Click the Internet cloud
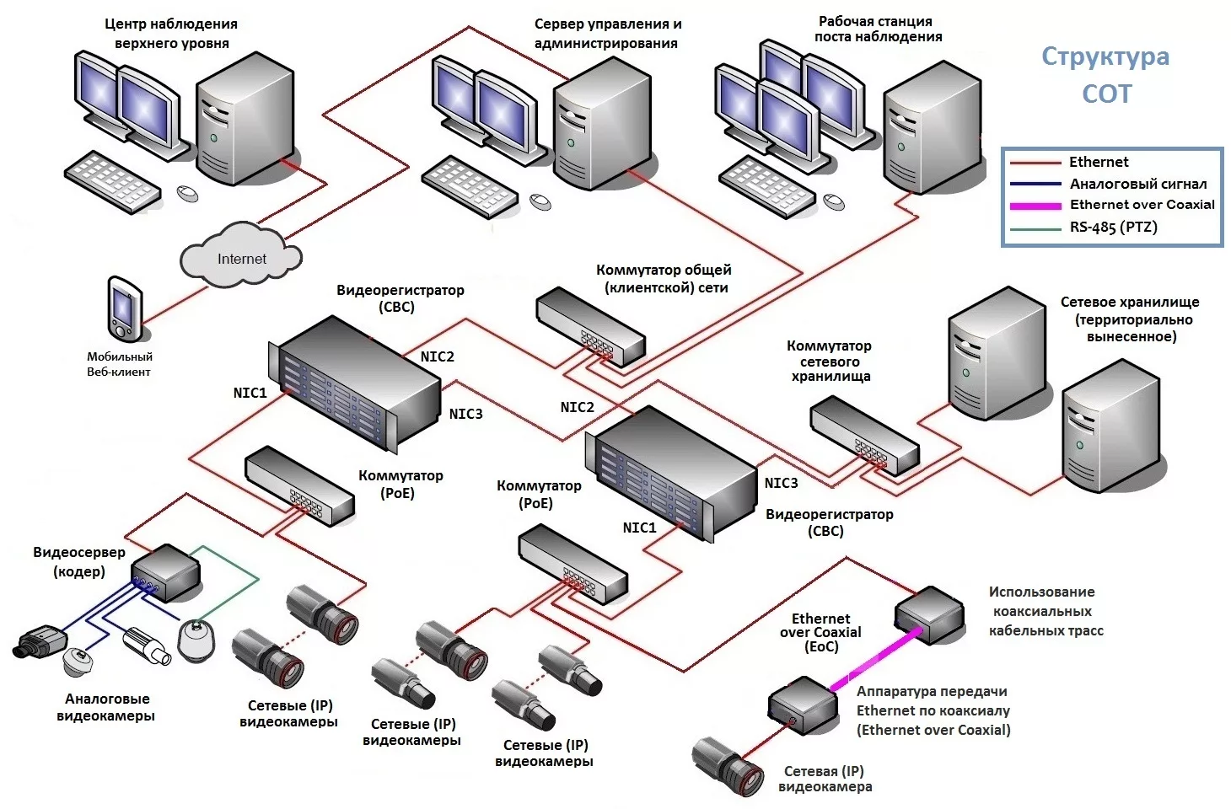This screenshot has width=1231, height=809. click(241, 256)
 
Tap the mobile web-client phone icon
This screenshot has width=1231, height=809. click(124, 308)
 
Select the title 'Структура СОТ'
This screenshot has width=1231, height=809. click(1105, 75)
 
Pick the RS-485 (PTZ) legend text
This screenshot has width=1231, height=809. click(1113, 228)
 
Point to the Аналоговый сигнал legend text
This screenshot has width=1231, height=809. click(1137, 184)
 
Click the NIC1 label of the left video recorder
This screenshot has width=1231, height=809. click(250, 393)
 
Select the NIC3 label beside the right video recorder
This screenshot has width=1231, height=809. click(781, 483)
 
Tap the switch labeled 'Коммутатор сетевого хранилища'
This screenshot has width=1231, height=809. click(863, 437)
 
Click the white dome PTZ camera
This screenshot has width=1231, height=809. click(197, 640)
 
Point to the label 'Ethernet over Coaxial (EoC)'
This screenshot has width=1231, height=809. click(820, 633)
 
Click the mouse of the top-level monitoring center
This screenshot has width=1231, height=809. click(187, 193)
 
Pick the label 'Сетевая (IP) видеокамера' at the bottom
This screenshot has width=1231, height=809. click(825, 779)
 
